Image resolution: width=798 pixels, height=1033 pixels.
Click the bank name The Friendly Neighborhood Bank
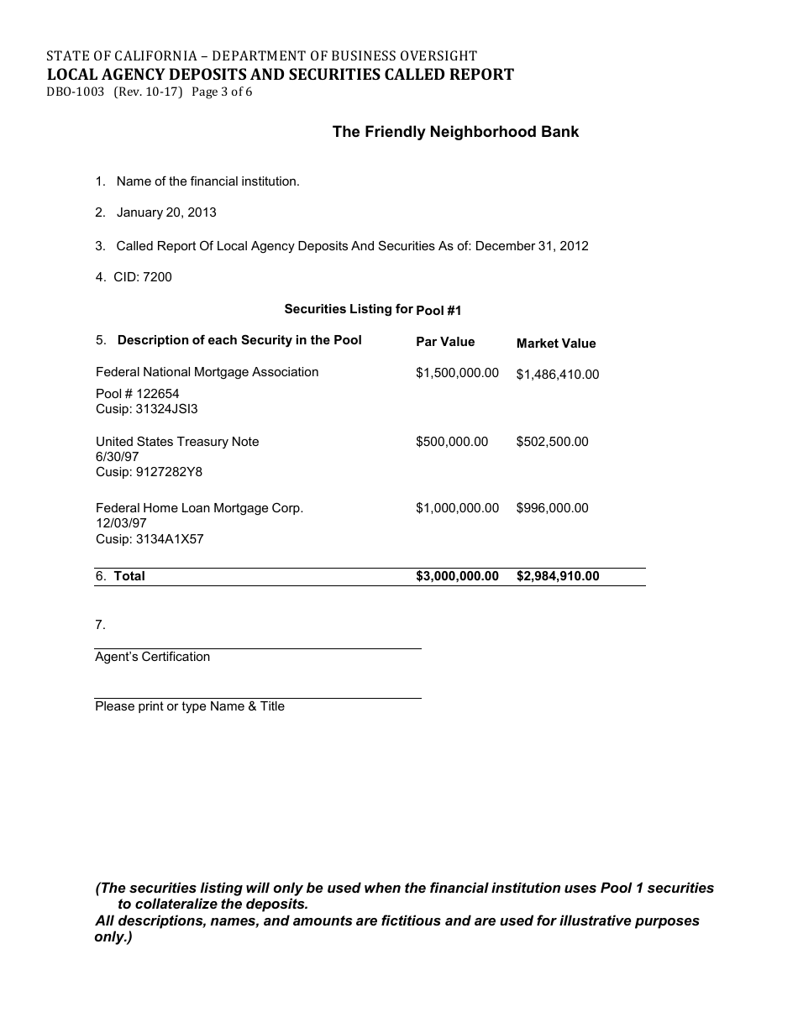[x=455, y=132]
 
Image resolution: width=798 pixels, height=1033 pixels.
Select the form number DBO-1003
[x=75, y=92]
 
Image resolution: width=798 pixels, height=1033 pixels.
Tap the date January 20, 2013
[x=166, y=212]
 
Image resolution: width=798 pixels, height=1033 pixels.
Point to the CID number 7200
[x=157, y=276]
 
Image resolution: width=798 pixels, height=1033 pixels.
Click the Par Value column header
[x=445, y=342]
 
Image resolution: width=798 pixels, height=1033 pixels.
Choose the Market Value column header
[x=555, y=343]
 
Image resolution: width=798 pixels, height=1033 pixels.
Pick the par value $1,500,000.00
[x=457, y=373]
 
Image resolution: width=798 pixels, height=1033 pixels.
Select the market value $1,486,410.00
[x=557, y=375]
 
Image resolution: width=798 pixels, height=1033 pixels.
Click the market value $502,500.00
[x=552, y=442]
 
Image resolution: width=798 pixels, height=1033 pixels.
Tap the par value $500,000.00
[x=452, y=442]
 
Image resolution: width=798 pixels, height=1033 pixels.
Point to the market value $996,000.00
[x=552, y=508]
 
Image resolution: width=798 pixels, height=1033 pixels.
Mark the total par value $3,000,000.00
[x=457, y=576]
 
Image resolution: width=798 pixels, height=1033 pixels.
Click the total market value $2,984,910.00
[x=557, y=576]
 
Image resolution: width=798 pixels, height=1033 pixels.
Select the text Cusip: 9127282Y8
[x=149, y=472]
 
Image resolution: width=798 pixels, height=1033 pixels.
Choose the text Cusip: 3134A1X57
[x=150, y=539]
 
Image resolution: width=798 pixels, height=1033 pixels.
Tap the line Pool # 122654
[x=137, y=394]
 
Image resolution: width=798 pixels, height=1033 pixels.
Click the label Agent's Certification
[x=152, y=657]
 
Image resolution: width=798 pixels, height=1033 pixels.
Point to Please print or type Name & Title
[x=189, y=706]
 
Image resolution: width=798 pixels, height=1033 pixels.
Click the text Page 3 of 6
[x=222, y=92]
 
